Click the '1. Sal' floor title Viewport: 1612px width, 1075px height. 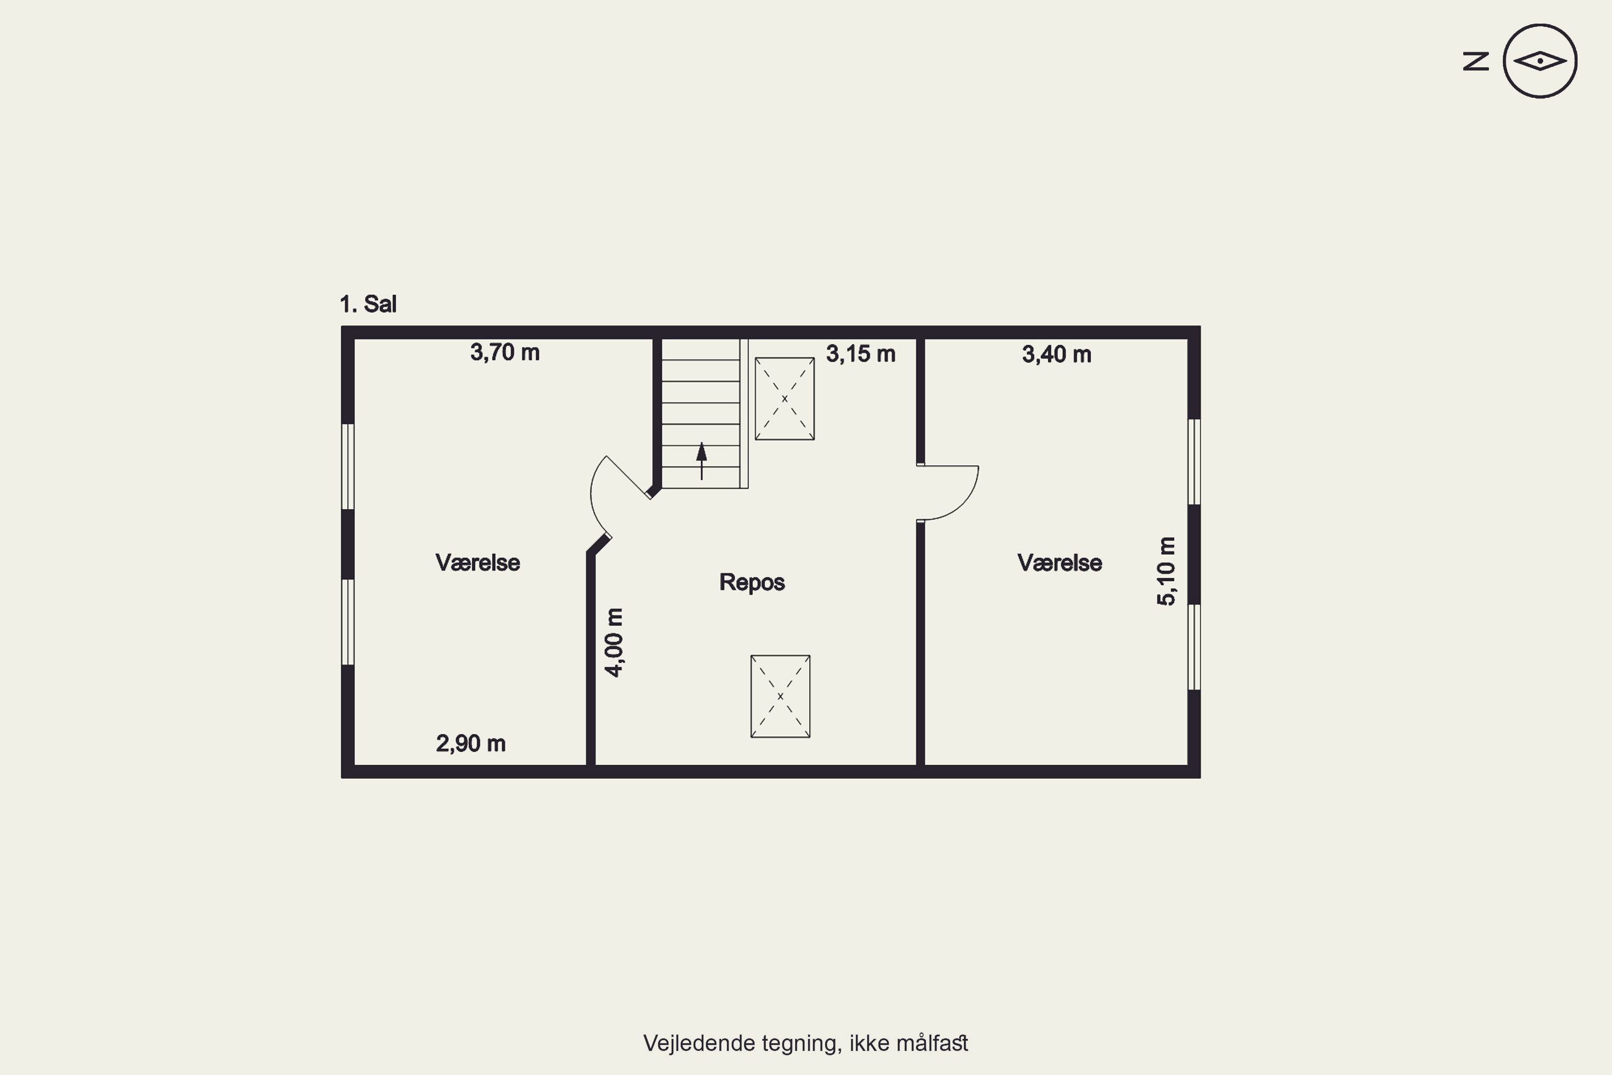tap(368, 304)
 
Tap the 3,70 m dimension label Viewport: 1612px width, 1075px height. tap(505, 353)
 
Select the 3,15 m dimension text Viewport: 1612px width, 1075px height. tap(861, 354)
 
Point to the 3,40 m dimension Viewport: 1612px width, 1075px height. tap(1057, 354)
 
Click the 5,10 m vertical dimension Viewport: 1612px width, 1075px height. tap(1166, 571)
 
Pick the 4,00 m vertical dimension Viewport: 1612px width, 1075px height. tap(614, 642)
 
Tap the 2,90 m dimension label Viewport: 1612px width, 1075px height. tap(471, 743)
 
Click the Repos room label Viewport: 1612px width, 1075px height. tap(752, 582)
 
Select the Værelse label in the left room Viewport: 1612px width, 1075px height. tap(478, 563)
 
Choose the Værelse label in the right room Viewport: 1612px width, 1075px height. tap(1060, 563)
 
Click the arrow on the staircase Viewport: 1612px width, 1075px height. tap(701, 461)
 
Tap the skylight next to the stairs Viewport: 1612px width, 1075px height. tap(785, 398)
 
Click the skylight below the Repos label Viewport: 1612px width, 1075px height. tap(781, 697)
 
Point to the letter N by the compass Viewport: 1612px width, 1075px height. tap(1476, 62)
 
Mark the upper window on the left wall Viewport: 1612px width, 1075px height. tap(348, 466)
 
